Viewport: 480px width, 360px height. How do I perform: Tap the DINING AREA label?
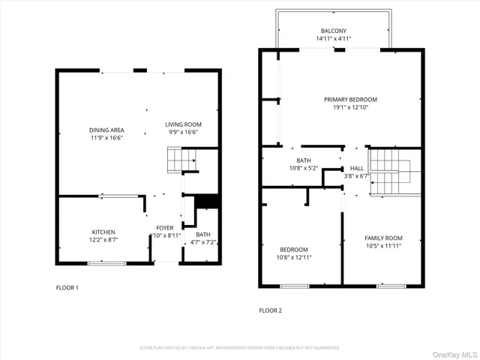pyautogui.click(x=106, y=130)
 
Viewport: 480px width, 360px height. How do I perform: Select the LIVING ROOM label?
pyautogui.click(x=183, y=124)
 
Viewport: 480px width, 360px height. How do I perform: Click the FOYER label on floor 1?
pyautogui.click(x=164, y=228)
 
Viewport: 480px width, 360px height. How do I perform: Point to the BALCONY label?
pyautogui.click(x=334, y=31)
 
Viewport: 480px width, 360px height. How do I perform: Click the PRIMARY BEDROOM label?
pyautogui.click(x=350, y=99)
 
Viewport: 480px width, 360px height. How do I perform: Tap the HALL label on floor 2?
pyautogui.click(x=357, y=168)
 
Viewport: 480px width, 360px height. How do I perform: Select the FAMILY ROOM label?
pyautogui.click(x=383, y=238)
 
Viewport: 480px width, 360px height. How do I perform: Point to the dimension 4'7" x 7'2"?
pyautogui.click(x=203, y=242)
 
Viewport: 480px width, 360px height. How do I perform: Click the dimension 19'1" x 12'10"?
pyautogui.click(x=350, y=107)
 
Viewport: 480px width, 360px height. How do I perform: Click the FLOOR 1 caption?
pyautogui.click(x=67, y=287)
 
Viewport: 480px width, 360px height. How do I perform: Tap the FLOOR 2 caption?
pyautogui.click(x=271, y=310)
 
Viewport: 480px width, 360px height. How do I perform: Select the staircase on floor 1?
pyautogui.click(x=181, y=160)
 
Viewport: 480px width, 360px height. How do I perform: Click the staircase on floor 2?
pyautogui.click(x=391, y=170)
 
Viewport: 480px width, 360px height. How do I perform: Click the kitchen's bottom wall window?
pyautogui.click(x=106, y=263)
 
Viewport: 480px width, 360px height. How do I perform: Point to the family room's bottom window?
pyautogui.click(x=391, y=286)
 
